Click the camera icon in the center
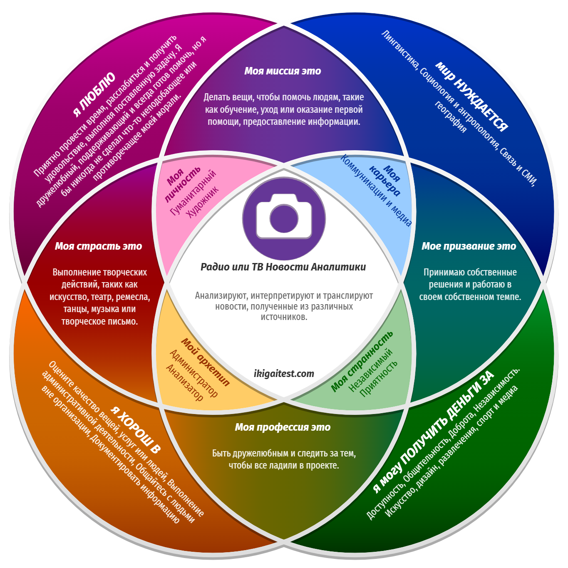(x=284, y=218)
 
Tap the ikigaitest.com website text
(x=284, y=374)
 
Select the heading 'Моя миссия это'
(x=283, y=71)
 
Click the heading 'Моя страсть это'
(x=99, y=246)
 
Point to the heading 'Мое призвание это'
(x=469, y=246)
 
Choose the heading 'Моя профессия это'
(x=283, y=427)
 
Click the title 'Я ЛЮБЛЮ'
(x=94, y=94)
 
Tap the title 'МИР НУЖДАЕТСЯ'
(x=472, y=97)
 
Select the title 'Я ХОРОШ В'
(x=136, y=429)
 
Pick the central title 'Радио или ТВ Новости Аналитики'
(x=283, y=267)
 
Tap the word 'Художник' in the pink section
(x=202, y=202)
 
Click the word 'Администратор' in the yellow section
(x=193, y=373)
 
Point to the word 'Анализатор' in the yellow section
(x=184, y=382)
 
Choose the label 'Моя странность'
(x=362, y=361)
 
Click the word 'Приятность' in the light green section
(x=379, y=378)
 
